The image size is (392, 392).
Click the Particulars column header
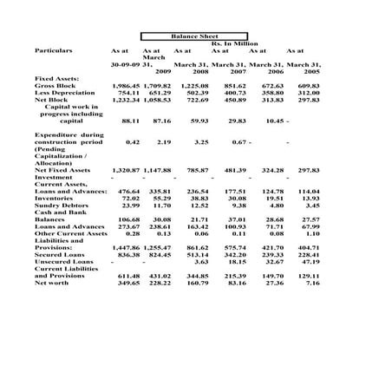click(54, 51)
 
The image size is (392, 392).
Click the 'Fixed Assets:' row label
click(57, 79)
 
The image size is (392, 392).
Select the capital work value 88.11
click(131, 121)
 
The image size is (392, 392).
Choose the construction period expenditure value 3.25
click(201, 142)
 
